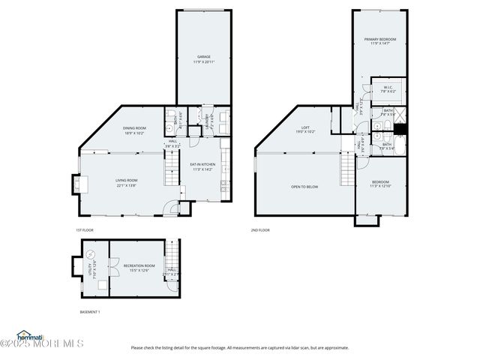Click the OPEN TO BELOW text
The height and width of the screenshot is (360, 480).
point(304,187)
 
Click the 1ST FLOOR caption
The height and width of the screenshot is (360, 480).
point(84,230)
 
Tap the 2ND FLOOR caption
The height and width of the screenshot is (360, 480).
point(259,230)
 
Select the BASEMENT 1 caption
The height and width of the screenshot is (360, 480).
point(90,311)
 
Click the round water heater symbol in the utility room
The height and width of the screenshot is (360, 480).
point(91,253)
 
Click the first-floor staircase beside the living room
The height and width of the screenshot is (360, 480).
point(172,169)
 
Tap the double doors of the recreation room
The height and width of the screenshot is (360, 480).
point(110,268)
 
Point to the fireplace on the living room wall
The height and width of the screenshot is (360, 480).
point(76,184)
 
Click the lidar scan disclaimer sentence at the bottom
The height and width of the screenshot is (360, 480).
point(240,347)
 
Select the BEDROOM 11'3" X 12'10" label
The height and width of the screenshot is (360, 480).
point(381,184)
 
